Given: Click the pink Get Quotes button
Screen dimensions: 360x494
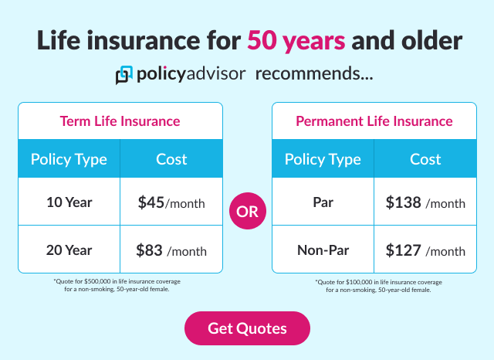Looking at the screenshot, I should point(247,328).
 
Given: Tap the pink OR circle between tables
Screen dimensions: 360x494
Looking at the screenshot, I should point(247,212).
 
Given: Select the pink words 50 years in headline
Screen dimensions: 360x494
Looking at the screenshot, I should point(296,40).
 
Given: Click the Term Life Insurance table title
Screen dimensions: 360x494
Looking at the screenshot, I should point(120,121).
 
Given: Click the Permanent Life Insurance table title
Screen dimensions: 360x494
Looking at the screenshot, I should point(374,121).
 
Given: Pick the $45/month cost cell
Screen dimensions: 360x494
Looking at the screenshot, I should point(171,203).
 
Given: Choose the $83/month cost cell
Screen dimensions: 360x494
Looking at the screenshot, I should point(171,250).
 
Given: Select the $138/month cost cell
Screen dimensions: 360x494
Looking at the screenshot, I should point(425,203).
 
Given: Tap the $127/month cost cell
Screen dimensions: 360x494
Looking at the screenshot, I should point(425,250).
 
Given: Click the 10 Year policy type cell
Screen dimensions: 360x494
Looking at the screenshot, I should point(69,203).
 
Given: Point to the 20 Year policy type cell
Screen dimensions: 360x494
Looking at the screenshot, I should point(69,250).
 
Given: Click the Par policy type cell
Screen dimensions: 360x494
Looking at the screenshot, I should point(323,203).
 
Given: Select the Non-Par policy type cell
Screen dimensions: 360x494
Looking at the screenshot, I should point(323,250).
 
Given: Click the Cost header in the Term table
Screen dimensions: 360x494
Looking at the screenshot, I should point(171,160).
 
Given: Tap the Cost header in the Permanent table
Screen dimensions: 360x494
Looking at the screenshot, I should point(425,160).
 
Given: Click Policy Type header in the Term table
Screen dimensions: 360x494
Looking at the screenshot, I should point(69,160).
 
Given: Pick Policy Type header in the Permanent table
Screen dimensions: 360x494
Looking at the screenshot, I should point(323,160).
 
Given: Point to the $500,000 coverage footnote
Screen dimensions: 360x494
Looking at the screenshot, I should point(120,285).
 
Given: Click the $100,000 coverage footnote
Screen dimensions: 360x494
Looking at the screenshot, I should point(374,286).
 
